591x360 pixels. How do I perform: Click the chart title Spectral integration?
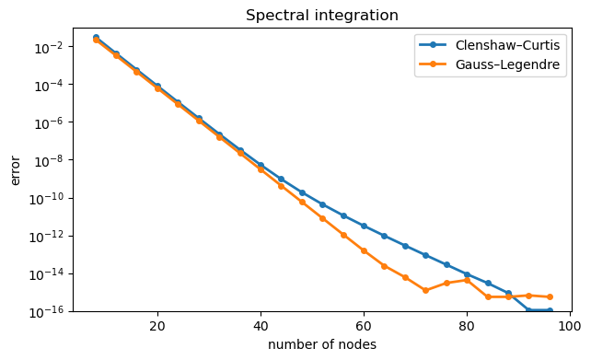pos(321,16)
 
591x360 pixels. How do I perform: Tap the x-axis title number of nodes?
pos(321,344)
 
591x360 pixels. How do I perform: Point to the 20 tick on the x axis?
pos(157,326)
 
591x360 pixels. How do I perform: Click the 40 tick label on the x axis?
pos(261,326)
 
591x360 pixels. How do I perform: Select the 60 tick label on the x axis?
pos(364,326)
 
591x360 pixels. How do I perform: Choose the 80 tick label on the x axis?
pos(467,326)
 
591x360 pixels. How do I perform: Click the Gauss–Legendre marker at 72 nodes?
pos(425,290)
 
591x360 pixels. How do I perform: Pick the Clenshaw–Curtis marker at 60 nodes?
pos(364,226)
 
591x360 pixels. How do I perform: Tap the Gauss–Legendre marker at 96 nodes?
pos(550,296)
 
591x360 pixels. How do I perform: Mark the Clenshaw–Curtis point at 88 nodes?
pos(508,293)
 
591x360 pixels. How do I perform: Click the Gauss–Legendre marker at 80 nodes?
pos(467,280)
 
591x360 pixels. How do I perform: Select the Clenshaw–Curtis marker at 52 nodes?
pos(322,204)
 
